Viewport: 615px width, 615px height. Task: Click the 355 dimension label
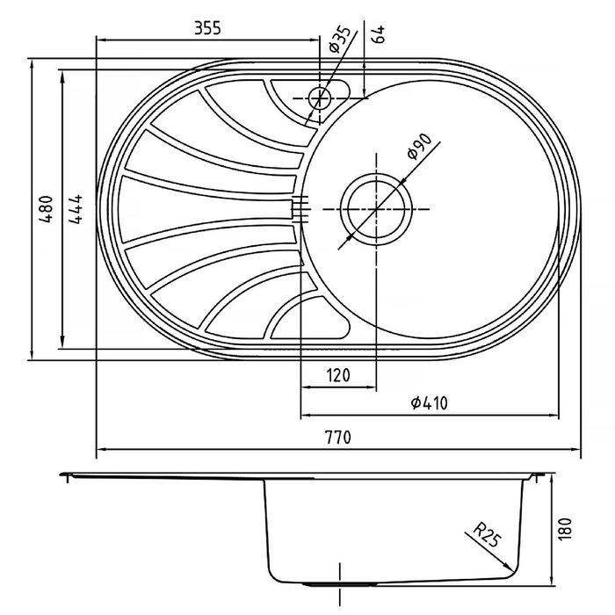207,28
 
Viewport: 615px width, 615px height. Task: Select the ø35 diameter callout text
339,39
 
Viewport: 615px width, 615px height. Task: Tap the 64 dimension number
379,34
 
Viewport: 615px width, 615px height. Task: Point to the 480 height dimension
46,209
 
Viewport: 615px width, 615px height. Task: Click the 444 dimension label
76,209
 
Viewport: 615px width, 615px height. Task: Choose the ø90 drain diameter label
419,147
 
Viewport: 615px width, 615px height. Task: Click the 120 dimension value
338,375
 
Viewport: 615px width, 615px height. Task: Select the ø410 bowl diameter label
429,402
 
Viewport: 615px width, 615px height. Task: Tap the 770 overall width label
338,437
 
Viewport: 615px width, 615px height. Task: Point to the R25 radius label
487,534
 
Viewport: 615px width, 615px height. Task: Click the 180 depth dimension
565,530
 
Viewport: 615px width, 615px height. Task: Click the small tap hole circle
320,98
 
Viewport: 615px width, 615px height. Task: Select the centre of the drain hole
376,209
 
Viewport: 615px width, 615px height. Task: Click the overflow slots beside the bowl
300,209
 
